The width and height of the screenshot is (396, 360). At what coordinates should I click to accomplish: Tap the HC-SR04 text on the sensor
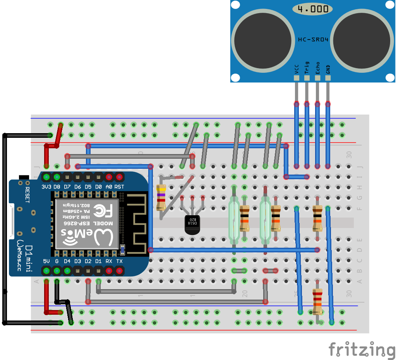[x=313, y=39]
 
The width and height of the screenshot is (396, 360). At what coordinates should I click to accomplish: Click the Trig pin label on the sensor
[x=307, y=67]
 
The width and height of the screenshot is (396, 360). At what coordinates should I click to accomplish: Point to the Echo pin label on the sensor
[x=317, y=67]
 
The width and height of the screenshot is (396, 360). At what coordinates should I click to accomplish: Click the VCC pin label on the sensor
[x=297, y=69]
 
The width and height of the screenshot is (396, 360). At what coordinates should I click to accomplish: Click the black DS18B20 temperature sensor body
[x=192, y=225]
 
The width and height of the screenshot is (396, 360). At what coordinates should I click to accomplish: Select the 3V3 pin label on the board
[x=46, y=187]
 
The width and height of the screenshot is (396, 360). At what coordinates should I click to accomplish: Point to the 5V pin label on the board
[x=46, y=261]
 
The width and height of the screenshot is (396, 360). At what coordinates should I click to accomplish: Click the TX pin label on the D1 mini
[x=119, y=261]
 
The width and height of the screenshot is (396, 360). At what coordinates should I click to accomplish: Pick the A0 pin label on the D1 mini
[x=109, y=187]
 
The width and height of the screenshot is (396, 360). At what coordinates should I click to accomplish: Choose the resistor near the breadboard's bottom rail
[x=317, y=302]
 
